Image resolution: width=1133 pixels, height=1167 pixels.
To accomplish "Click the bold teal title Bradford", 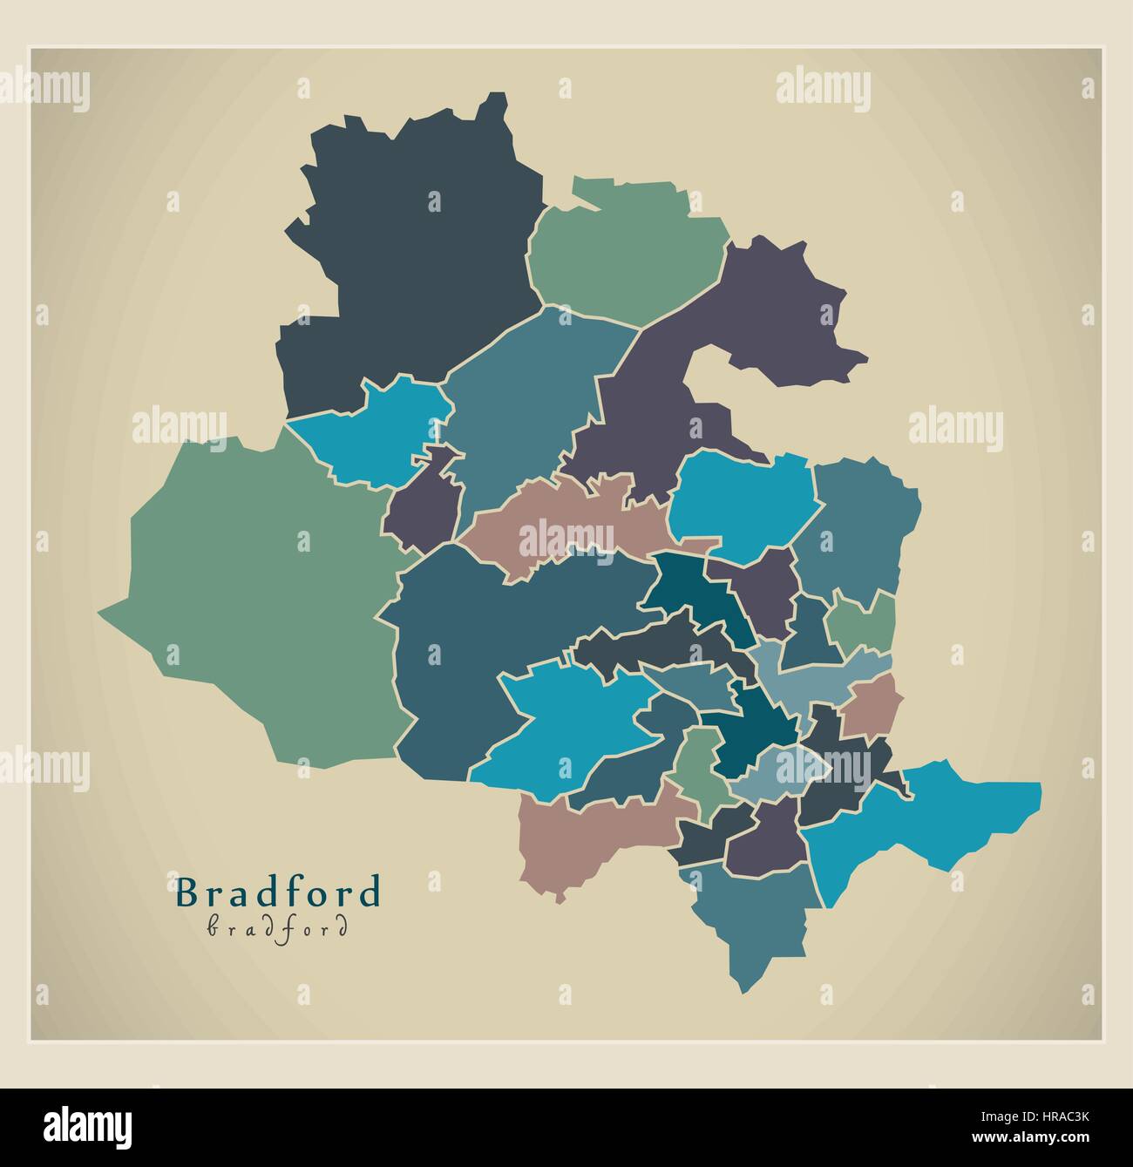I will click(x=279, y=892).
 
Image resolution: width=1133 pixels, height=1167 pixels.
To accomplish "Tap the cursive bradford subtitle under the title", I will click(x=278, y=926).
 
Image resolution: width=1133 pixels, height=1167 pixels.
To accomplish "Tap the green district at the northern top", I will click(x=628, y=253).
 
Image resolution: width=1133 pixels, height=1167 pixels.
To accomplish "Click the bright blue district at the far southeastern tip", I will click(x=950, y=819).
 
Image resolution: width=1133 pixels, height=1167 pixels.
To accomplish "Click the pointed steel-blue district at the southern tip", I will click(x=754, y=915).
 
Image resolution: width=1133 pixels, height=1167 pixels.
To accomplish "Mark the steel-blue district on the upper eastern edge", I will click(x=858, y=523).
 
